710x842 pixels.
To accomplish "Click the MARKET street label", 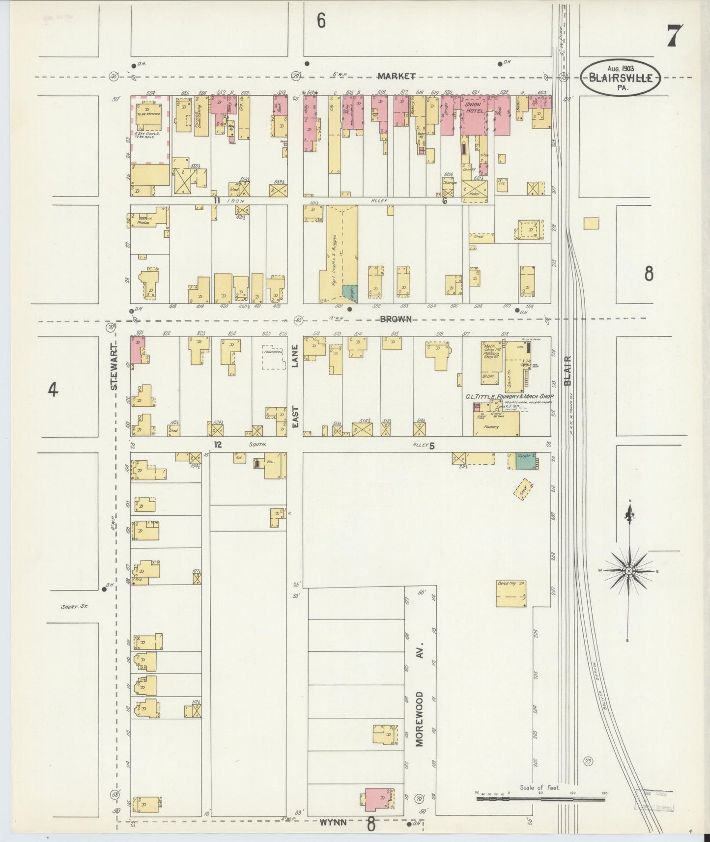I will tap(397, 76).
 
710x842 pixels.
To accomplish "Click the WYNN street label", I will tap(334, 822).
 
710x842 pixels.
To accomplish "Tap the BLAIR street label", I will tap(568, 370).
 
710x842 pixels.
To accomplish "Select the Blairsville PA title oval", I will tap(621, 77).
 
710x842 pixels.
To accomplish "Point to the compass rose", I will tap(628, 571).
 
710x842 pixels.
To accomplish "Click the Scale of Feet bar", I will tap(541, 799).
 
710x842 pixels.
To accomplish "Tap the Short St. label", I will tap(74, 607).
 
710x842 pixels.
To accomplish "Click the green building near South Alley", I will tap(524, 461).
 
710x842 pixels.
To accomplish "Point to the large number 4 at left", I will tap(53, 390).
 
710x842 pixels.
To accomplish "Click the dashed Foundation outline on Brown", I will tap(274, 359).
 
